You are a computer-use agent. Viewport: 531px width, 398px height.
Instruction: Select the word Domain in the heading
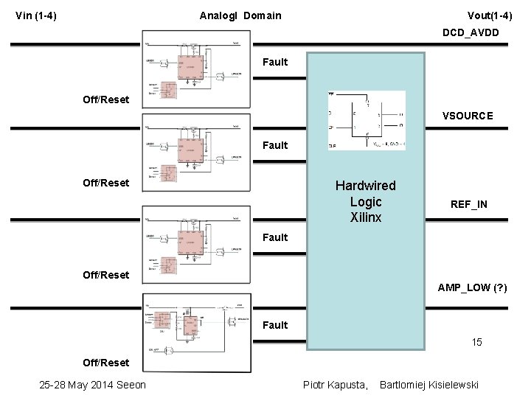click(262, 15)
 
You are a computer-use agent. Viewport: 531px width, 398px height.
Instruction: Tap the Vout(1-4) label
click(490, 15)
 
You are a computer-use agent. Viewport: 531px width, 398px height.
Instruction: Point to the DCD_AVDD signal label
click(471, 32)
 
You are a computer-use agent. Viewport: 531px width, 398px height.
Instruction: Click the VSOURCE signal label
click(468, 116)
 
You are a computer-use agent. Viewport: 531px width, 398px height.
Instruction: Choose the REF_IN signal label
click(469, 204)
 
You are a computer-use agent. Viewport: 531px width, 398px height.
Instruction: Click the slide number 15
click(476, 342)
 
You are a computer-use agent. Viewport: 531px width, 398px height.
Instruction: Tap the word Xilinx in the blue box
click(366, 217)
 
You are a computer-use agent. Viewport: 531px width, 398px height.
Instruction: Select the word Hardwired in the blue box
click(365, 186)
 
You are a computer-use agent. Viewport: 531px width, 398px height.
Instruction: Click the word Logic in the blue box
click(366, 202)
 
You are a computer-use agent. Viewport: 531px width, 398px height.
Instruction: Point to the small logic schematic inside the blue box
click(367, 120)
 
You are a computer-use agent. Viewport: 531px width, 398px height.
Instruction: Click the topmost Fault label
click(275, 62)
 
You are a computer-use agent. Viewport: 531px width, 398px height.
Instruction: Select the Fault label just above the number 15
click(275, 325)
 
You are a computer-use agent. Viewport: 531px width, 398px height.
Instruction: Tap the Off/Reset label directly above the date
click(105, 363)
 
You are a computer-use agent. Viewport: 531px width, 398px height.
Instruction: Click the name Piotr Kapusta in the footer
click(336, 385)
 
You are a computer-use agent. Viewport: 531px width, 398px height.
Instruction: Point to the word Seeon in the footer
click(131, 385)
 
